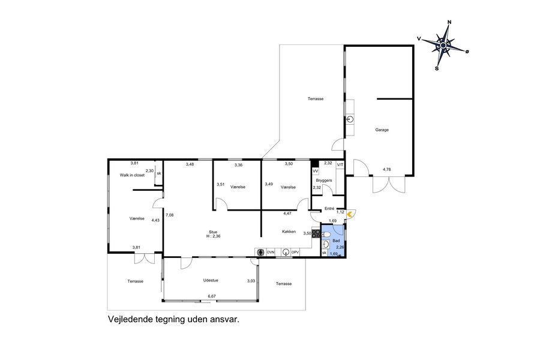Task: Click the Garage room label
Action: (382, 130)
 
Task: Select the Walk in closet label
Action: (132, 175)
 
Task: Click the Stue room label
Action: (213, 232)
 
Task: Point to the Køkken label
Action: (289, 232)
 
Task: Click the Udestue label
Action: (211, 280)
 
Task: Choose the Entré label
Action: (329, 209)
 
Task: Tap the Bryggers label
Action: (324, 180)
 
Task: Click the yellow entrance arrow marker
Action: (350, 214)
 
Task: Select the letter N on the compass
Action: (449, 22)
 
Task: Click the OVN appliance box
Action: (271, 252)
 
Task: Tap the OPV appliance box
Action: (295, 252)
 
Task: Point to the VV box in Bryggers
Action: (315, 171)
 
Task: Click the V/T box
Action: (340, 165)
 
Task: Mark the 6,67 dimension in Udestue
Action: (212, 296)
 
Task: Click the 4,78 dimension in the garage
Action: (387, 169)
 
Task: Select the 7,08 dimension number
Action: (169, 215)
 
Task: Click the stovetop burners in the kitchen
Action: (316, 233)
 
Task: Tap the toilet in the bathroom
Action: (326, 235)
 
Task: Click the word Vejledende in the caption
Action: (130, 319)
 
